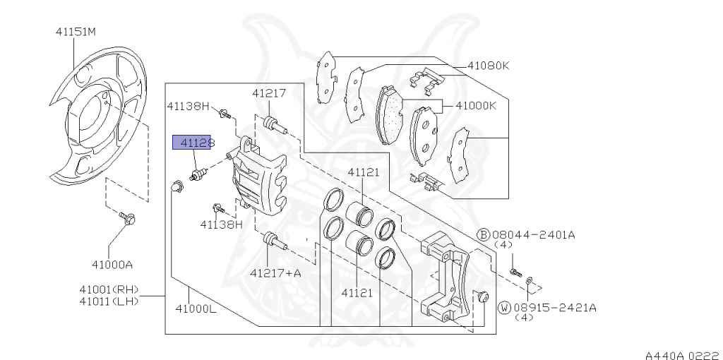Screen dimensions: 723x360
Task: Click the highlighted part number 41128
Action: pyautogui.click(x=191, y=143)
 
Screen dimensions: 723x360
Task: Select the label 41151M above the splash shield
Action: pyautogui.click(x=76, y=32)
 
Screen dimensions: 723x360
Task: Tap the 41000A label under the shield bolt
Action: pyautogui.click(x=112, y=265)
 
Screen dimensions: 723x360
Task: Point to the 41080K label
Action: pyautogui.click(x=489, y=66)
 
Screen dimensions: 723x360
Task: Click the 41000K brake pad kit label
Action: pyautogui.click(x=476, y=106)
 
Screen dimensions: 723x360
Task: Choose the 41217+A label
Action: pyautogui.click(x=275, y=273)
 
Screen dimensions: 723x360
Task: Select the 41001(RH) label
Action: pyautogui.click(x=109, y=289)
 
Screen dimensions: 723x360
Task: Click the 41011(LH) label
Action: pyautogui.click(x=109, y=301)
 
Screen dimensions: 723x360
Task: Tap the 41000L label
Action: pyautogui.click(x=196, y=308)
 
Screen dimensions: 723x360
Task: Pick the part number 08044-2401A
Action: pyautogui.click(x=534, y=234)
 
